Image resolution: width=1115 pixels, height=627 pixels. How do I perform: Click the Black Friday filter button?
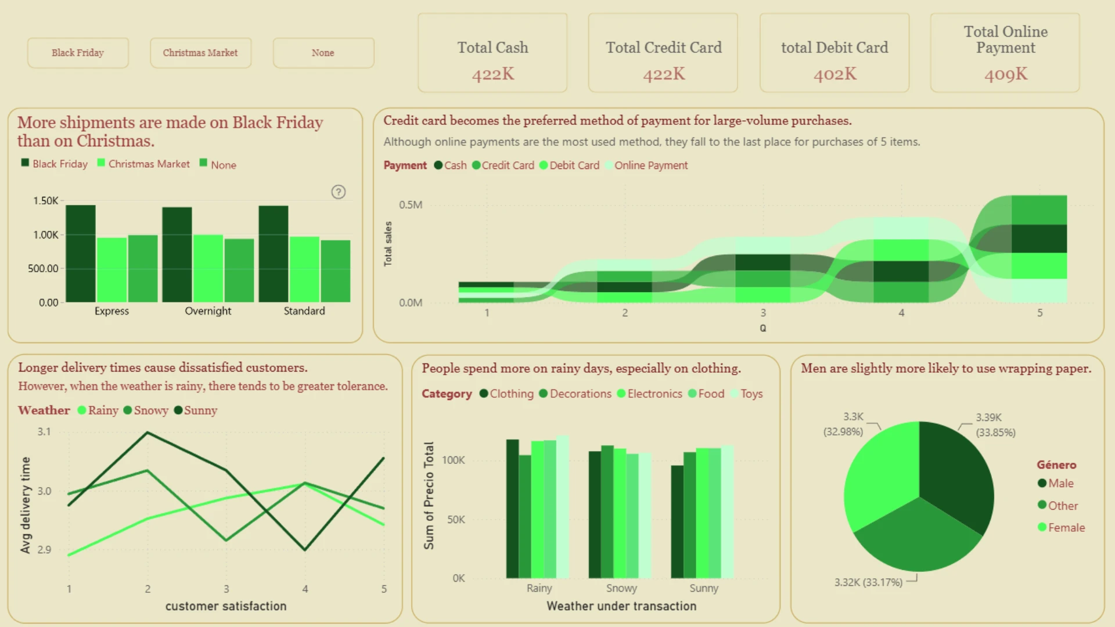(x=78, y=53)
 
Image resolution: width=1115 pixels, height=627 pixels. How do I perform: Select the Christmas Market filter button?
(x=200, y=53)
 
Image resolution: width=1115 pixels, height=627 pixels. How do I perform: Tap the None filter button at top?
(x=323, y=53)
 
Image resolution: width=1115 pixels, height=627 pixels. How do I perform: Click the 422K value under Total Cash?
(x=493, y=74)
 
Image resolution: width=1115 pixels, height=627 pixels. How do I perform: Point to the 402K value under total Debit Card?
(x=835, y=74)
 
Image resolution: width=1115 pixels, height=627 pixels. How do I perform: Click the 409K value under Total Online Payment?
(x=1006, y=74)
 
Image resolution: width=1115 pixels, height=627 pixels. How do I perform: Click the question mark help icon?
(x=339, y=192)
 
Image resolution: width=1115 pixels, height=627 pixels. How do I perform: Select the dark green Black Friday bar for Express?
(x=81, y=254)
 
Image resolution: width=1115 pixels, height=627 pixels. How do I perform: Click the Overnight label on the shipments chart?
(x=208, y=311)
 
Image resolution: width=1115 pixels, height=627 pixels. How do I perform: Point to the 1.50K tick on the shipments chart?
(x=46, y=201)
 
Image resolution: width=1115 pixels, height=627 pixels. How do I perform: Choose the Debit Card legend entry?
(x=570, y=165)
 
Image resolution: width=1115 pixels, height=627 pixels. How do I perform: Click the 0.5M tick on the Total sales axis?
(x=411, y=205)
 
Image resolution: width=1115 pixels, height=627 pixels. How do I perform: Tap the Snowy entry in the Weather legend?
(x=146, y=410)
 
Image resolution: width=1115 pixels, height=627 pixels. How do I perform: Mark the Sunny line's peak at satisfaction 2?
(x=148, y=433)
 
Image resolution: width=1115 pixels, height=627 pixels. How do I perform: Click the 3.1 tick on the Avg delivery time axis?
(x=44, y=432)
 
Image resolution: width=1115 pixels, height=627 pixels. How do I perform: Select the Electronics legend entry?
(x=650, y=394)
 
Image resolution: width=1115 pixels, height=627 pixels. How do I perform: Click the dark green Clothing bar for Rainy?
(x=512, y=509)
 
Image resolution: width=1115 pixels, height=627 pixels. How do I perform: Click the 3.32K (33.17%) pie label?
(x=868, y=582)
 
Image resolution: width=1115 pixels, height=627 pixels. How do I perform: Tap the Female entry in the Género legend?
(x=1062, y=528)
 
